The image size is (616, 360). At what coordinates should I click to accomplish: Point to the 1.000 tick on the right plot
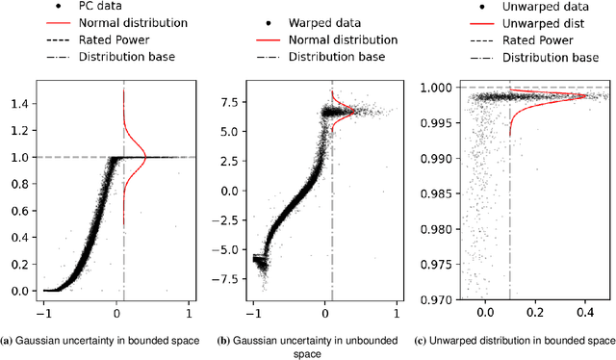(437, 89)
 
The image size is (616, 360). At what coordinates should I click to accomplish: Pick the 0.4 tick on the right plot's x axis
(584, 312)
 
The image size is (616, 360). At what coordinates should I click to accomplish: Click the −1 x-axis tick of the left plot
(43, 312)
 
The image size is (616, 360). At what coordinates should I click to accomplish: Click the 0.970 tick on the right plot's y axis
(437, 299)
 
